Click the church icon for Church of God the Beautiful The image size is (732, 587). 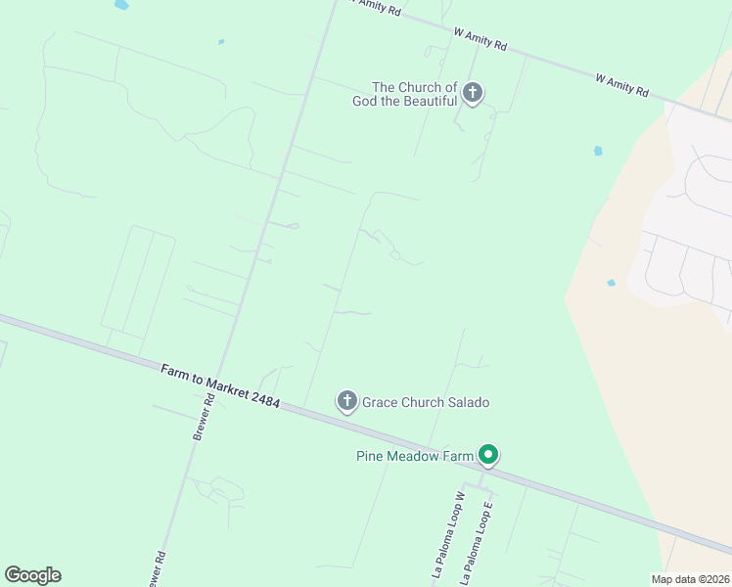pyautogui.click(x=473, y=94)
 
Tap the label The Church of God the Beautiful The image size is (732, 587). pyautogui.click(x=415, y=94)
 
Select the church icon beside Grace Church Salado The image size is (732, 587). pyautogui.click(x=346, y=401)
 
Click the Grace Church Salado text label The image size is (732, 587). pyautogui.click(x=426, y=402)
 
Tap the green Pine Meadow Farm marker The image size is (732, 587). pyautogui.click(x=488, y=455)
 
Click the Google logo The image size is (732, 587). pyautogui.click(x=32, y=575)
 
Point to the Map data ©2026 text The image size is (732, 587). pyautogui.click(x=691, y=579)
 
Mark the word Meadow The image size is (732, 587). pyautogui.click(x=422, y=455)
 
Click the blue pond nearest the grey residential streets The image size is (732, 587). pyautogui.click(x=611, y=283)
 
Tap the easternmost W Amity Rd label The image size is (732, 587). pyautogui.click(x=622, y=84)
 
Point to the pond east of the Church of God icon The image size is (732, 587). pyautogui.click(x=597, y=152)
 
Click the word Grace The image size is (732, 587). pyautogui.click(x=380, y=402)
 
